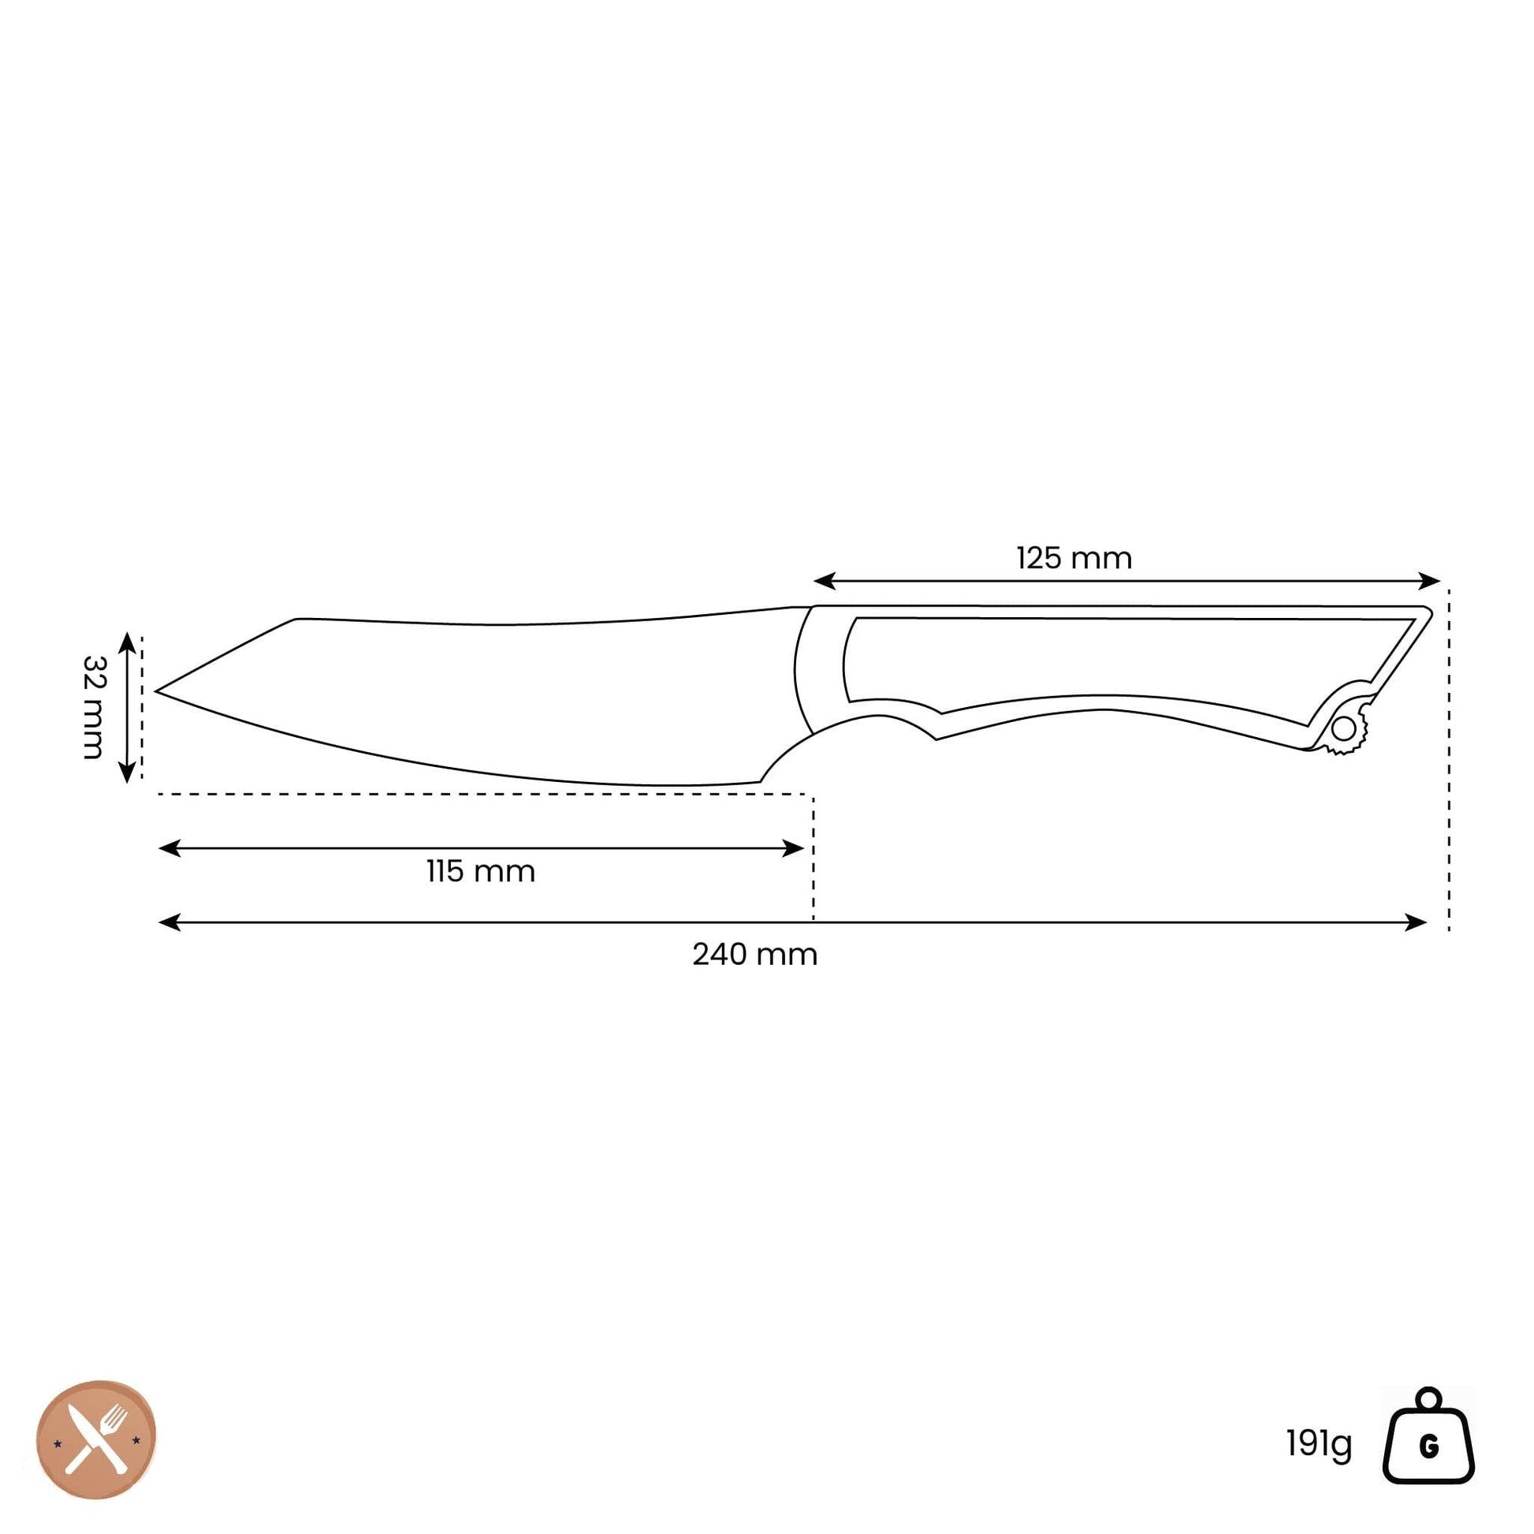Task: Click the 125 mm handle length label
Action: [x=1074, y=558]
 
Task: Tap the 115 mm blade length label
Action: [x=480, y=872]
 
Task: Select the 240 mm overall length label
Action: [x=754, y=955]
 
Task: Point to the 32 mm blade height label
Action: [x=94, y=707]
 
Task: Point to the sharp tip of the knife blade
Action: [x=155, y=691]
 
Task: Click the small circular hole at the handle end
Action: [x=1344, y=728]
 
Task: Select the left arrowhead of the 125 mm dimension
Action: [x=825, y=581]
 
